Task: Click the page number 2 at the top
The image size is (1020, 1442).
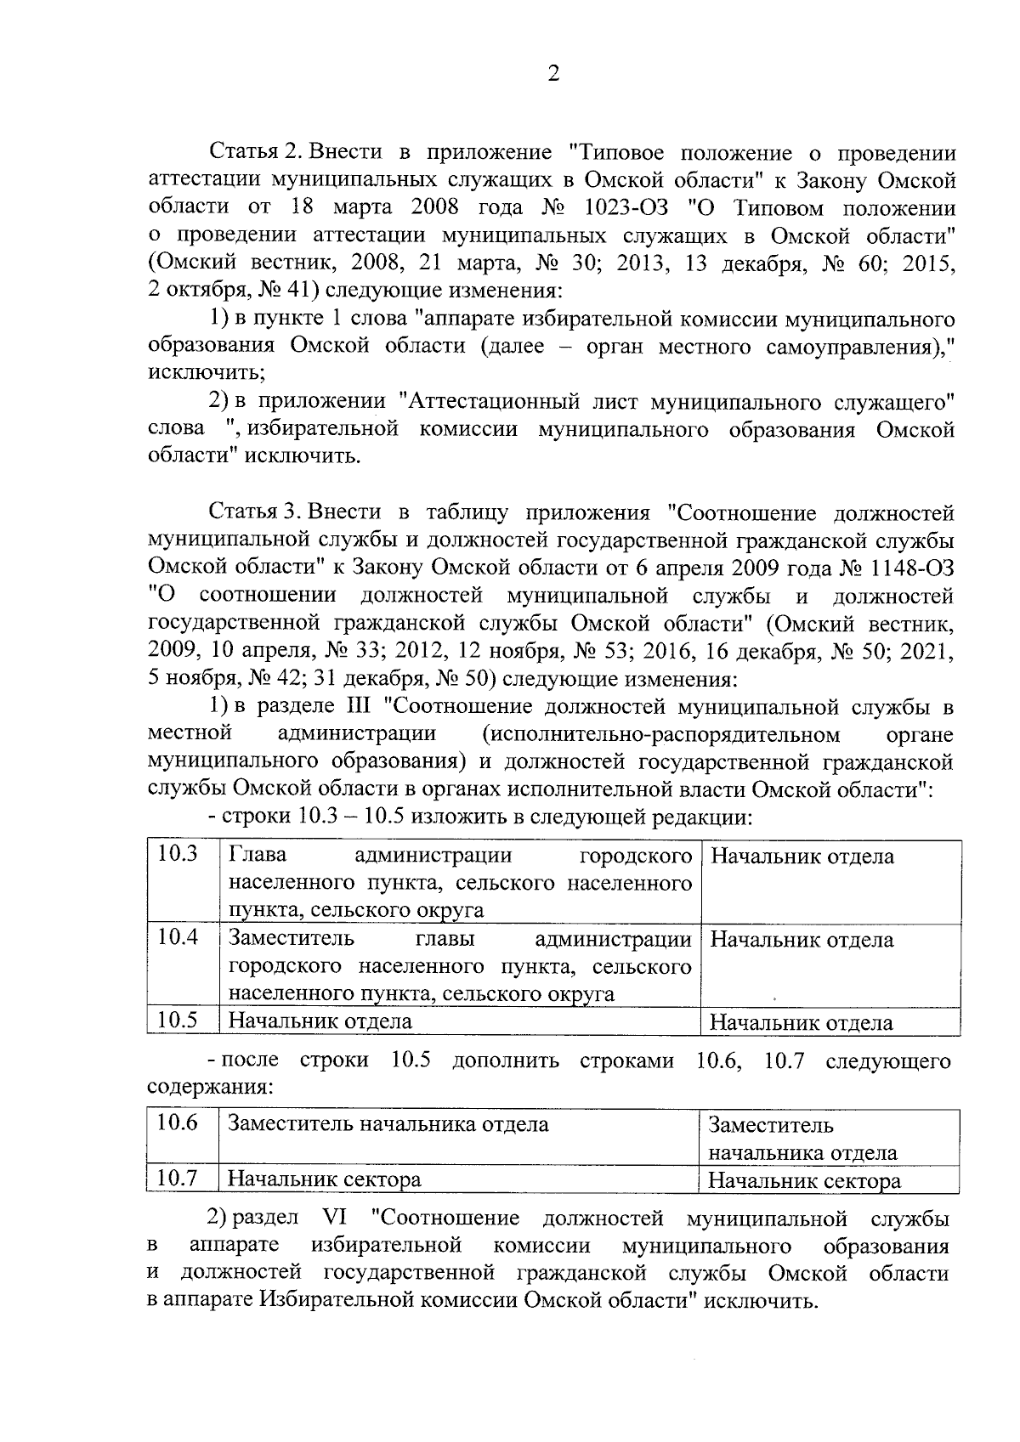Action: tap(553, 74)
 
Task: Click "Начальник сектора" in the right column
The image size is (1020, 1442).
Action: tap(804, 1180)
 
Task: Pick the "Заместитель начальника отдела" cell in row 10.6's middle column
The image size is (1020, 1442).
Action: tap(388, 1125)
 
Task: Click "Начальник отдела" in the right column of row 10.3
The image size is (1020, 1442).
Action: tap(802, 857)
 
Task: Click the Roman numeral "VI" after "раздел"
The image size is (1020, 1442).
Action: tap(336, 1219)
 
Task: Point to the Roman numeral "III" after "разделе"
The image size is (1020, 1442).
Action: tap(353, 707)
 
